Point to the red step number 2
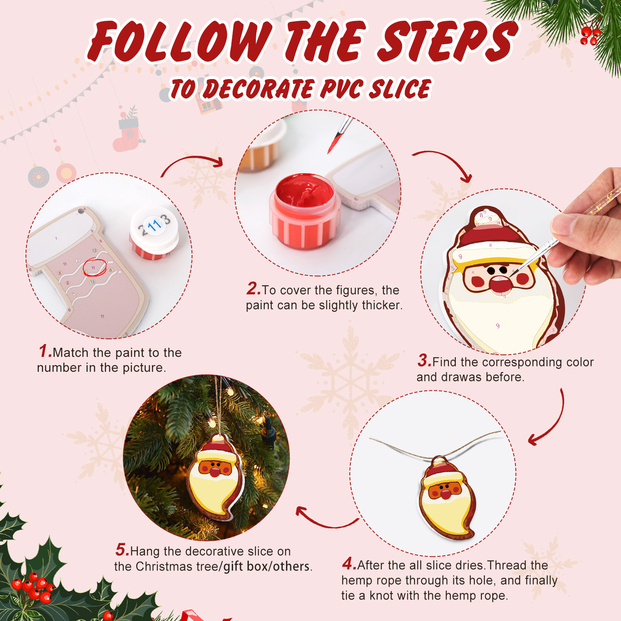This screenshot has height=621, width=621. pyautogui.click(x=253, y=289)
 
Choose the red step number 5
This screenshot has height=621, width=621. pyautogui.click(x=122, y=550)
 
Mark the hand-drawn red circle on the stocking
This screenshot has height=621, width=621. pyautogui.click(x=94, y=267)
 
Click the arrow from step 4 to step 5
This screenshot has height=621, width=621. pyautogui.click(x=325, y=520)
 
